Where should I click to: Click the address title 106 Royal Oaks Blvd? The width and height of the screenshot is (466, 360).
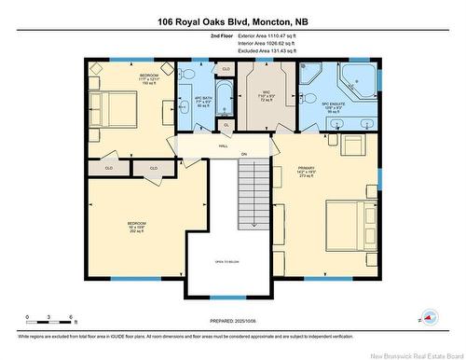(x=233, y=21)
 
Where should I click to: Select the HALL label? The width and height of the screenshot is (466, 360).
(x=224, y=146)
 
